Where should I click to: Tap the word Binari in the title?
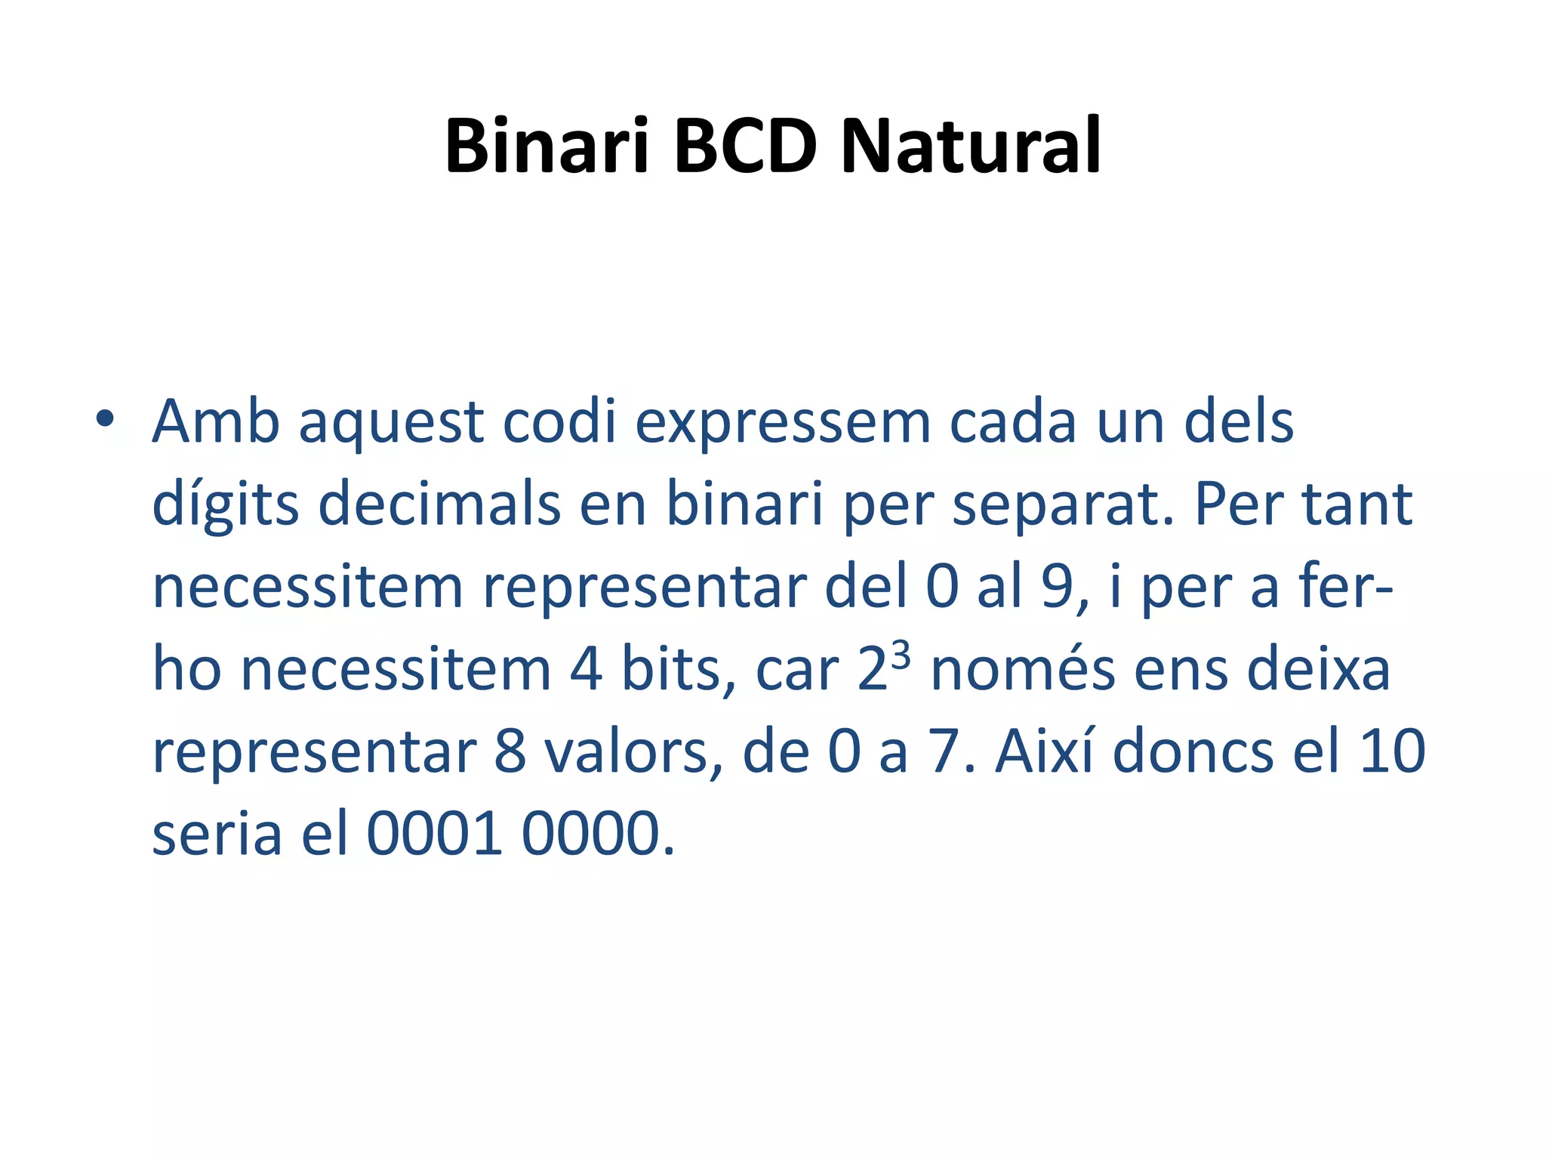tap(547, 145)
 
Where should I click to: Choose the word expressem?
tap(782, 423)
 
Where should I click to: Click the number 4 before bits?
tap(586, 670)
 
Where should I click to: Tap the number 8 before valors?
tap(510, 752)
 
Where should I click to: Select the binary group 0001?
tap(435, 835)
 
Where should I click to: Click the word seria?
tap(217, 835)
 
